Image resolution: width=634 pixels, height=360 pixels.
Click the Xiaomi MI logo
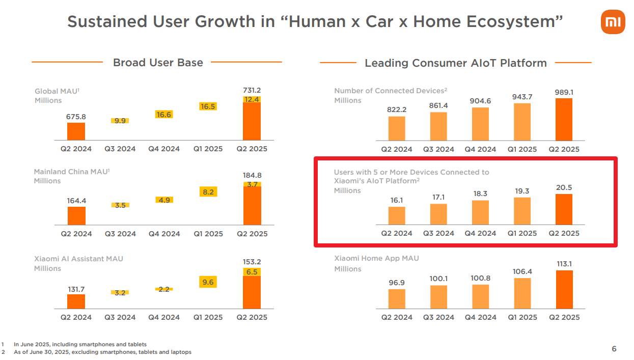click(613, 22)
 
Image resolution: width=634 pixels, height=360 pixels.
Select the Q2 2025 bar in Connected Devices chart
click(564, 119)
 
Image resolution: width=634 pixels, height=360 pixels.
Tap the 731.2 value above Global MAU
click(252, 90)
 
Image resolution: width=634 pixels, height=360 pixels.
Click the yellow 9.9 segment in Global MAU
click(120, 121)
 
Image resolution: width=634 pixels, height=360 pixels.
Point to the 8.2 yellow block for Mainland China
click(208, 192)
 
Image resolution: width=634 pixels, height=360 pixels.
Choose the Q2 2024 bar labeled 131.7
click(76, 301)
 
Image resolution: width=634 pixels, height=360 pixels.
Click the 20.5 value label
click(564, 187)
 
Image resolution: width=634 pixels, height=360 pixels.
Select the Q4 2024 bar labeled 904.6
click(480, 124)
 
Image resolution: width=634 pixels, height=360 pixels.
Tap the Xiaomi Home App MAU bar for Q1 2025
click(522, 293)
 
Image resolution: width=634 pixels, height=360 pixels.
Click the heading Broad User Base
click(158, 63)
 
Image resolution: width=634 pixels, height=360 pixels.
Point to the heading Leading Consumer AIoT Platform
click(456, 63)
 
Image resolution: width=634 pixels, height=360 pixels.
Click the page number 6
click(614, 349)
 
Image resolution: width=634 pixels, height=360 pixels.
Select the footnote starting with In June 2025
click(80, 344)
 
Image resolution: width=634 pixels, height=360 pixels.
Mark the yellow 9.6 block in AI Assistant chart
click(208, 282)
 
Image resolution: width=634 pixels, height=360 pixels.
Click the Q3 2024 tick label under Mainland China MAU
click(120, 234)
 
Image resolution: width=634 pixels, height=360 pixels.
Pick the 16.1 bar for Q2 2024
click(397, 215)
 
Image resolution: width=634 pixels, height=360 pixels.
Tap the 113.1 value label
click(564, 264)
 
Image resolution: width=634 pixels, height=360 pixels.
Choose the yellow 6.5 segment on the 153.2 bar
click(252, 272)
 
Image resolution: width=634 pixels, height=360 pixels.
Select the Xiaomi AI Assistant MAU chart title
click(78, 259)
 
